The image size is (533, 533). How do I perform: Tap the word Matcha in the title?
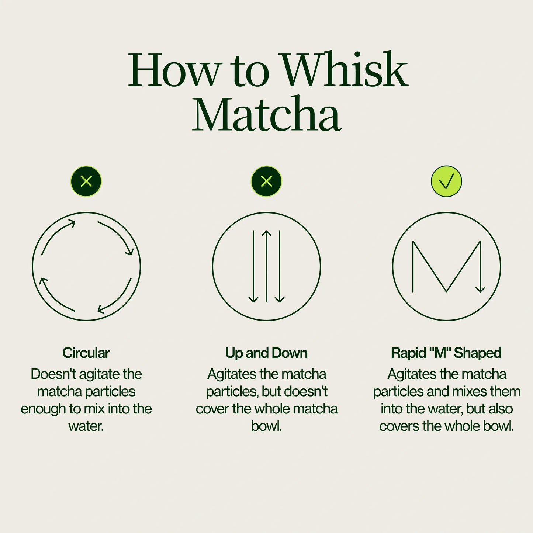(x=266, y=115)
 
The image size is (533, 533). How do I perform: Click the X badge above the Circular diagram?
(x=86, y=181)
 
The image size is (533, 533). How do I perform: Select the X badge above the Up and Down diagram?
(x=266, y=181)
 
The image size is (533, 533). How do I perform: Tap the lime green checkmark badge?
(x=446, y=181)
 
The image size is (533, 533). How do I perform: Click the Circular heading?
(x=86, y=353)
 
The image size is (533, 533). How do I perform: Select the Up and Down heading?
(x=266, y=353)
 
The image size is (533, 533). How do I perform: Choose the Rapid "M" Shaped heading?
(x=446, y=353)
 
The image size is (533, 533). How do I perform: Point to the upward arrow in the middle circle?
(x=266, y=266)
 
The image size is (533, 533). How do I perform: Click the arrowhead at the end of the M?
(x=480, y=289)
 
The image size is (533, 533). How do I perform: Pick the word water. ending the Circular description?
(x=86, y=426)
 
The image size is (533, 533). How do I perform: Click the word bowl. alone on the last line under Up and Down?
(x=266, y=426)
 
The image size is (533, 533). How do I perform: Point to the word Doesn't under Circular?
(x=53, y=374)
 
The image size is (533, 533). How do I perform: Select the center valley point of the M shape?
(x=446, y=291)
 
